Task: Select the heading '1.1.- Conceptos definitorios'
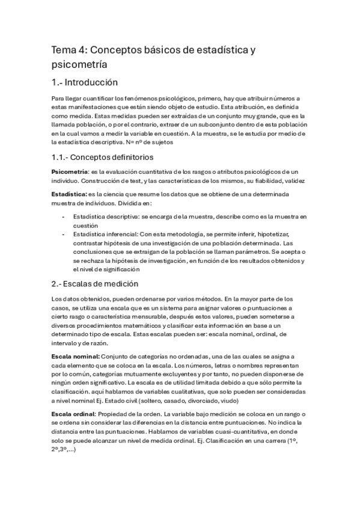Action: pyautogui.click(x=103, y=157)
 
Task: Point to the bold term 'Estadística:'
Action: pyautogui.click(x=69, y=194)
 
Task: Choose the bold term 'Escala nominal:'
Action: pyautogui.click(x=74, y=357)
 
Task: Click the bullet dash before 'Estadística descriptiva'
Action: pyautogui.click(x=64, y=217)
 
